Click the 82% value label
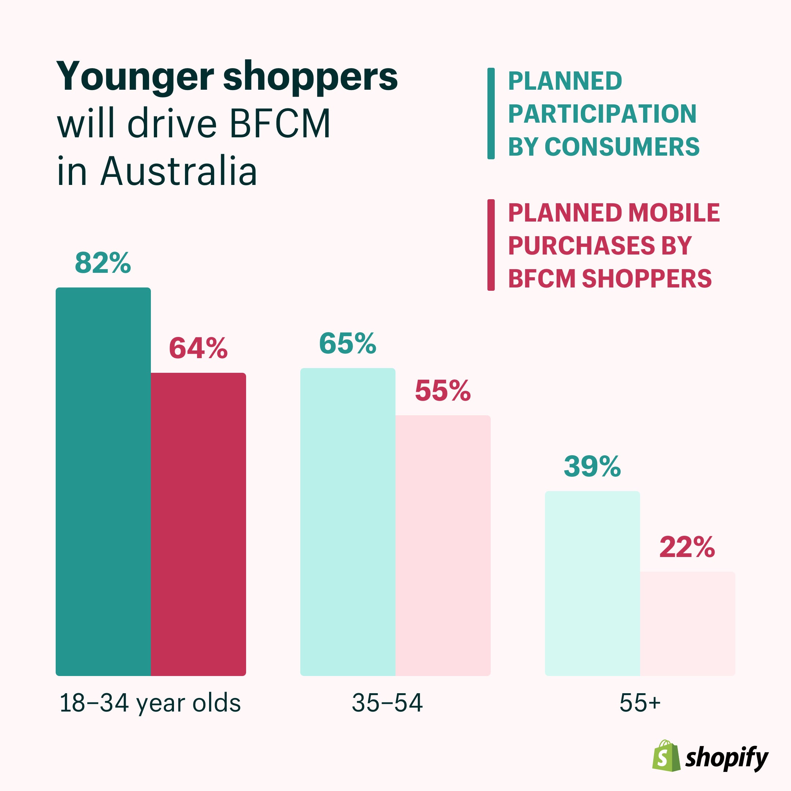tap(103, 263)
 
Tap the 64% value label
tap(198, 348)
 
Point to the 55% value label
tap(443, 391)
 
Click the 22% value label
tap(687, 547)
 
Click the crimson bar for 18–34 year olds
tap(198, 524)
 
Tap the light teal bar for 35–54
tap(348, 522)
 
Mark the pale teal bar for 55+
tap(592, 583)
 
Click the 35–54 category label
tap(387, 703)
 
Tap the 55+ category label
tap(639, 703)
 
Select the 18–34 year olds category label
tap(150, 703)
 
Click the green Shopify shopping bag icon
tap(666, 756)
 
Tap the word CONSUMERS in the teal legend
tap(622, 146)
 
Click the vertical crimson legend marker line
tap(491, 245)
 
